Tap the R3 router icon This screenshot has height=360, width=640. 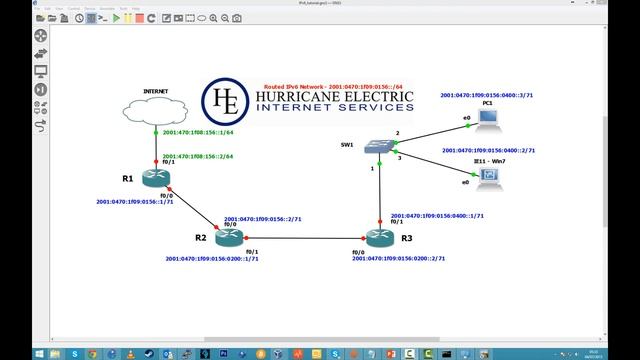(380, 237)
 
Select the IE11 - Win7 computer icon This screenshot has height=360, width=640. (488, 178)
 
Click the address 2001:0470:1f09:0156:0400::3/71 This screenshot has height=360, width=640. (489, 95)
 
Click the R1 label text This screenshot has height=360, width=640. (128, 178)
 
